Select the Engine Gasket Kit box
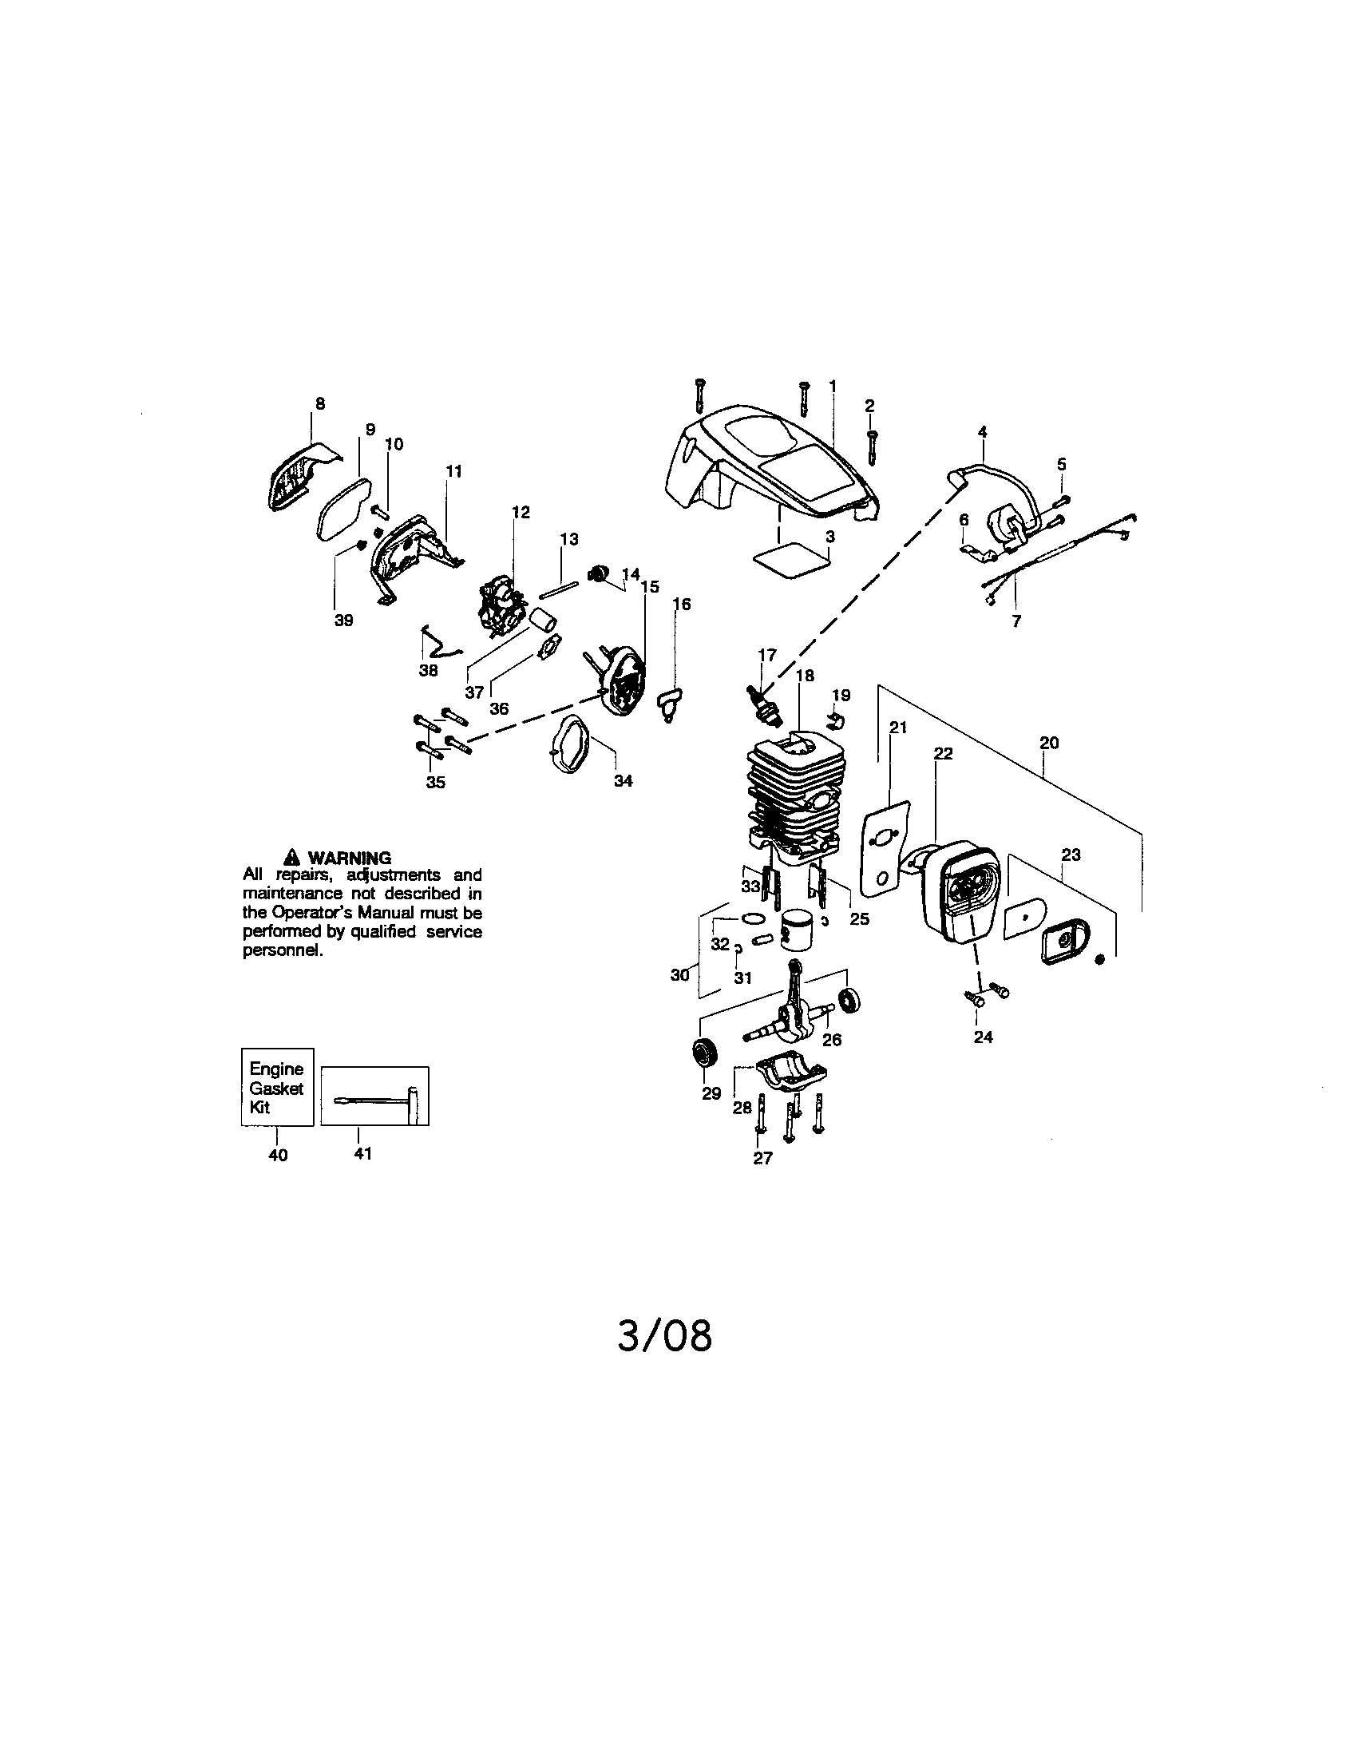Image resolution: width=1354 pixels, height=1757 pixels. [x=277, y=1087]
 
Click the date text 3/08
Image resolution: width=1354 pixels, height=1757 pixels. [x=665, y=1335]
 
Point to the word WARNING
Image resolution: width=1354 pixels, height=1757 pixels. [x=349, y=858]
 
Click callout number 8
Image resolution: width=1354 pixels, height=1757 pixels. [x=320, y=404]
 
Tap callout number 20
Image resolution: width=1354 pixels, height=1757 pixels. [x=1049, y=743]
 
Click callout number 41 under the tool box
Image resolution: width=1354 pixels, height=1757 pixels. [x=363, y=1154]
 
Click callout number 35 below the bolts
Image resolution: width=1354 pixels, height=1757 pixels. [x=436, y=782]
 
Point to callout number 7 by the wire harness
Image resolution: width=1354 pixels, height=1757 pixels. [x=1016, y=621]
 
